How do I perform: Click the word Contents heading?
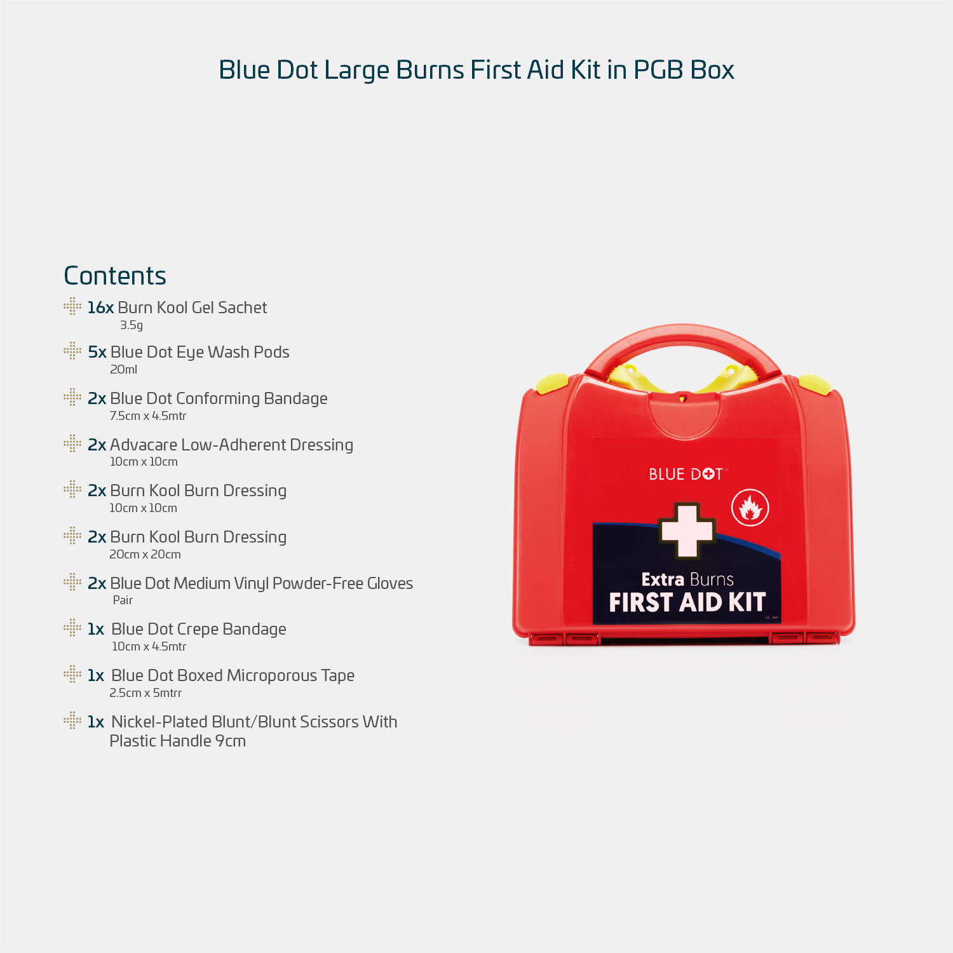click(x=115, y=276)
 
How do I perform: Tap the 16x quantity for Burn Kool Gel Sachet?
click(x=100, y=308)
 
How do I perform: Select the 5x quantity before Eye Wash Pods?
click(x=97, y=352)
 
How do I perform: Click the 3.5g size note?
click(x=132, y=325)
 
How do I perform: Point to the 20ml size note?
click(x=123, y=370)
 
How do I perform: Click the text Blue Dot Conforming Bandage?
click(x=219, y=398)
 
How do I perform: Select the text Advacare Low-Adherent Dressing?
click(x=231, y=445)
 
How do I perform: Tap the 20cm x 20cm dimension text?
click(x=145, y=555)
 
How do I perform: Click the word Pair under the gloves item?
click(x=123, y=600)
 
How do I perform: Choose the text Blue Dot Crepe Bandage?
click(x=198, y=629)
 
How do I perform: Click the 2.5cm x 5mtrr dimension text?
click(x=145, y=693)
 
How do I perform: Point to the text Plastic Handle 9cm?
click(x=177, y=741)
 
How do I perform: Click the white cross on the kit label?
click(x=687, y=531)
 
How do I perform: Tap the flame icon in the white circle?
click(x=750, y=508)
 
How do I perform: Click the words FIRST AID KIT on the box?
click(x=687, y=602)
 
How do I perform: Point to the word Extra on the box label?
click(x=663, y=579)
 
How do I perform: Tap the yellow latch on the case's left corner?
click(x=551, y=383)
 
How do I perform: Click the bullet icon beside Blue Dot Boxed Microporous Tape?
click(x=72, y=674)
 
